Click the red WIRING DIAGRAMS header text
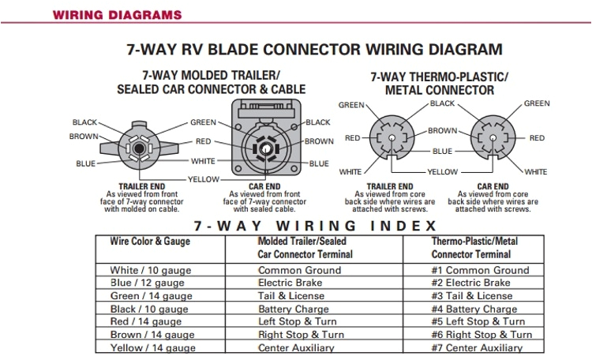[x=116, y=15]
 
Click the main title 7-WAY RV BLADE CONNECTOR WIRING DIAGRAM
[x=314, y=49]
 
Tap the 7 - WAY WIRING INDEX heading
[x=314, y=225]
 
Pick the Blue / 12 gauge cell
[x=147, y=283]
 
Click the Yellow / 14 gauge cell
[x=152, y=348]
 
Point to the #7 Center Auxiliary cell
[x=477, y=348]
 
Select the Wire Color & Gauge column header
[x=149, y=241]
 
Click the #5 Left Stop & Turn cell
[x=478, y=321]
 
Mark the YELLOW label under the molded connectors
[x=204, y=179]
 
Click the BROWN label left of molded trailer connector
[x=84, y=137]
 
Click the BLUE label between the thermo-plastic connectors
[x=443, y=151]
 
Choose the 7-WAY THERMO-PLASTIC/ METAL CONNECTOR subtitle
[x=439, y=83]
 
